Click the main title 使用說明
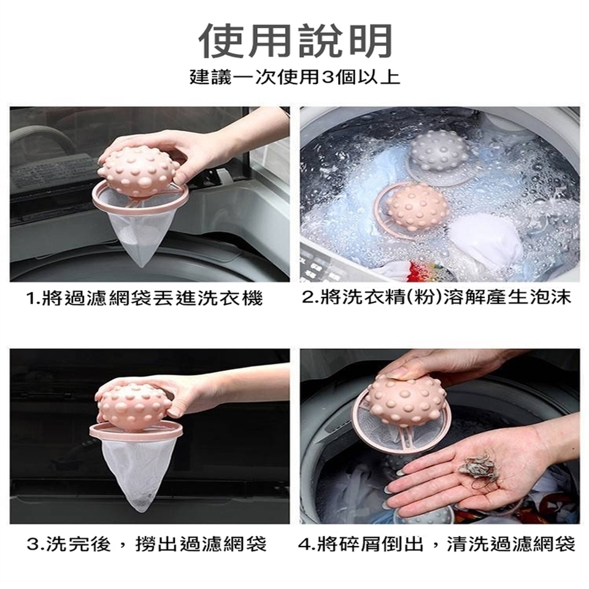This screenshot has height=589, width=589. tap(294, 40)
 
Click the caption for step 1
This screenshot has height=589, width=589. tap(144, 299)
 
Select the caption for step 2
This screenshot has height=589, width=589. tap(436, 298)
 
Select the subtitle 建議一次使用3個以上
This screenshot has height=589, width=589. tap(294, 77)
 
